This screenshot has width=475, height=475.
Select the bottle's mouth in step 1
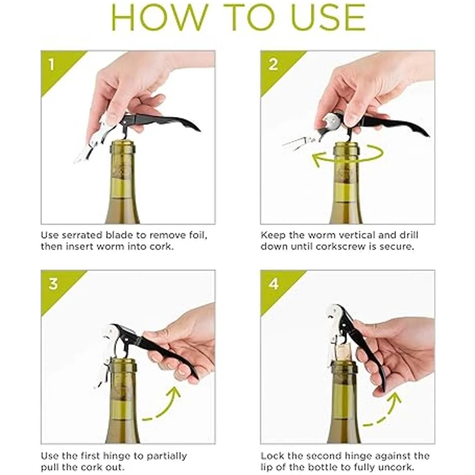pos(122,145)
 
